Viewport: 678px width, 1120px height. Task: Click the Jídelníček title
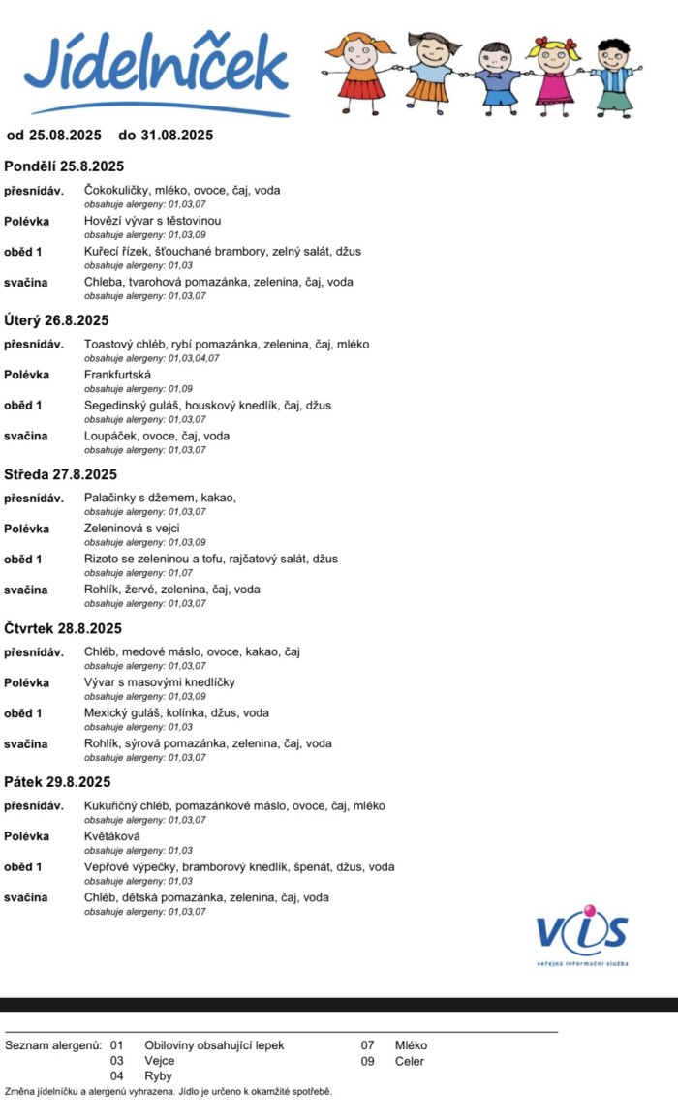(x=155, y=66)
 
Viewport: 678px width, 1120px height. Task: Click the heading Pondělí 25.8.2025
(x=65, y=166)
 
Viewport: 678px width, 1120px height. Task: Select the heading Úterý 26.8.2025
(x=56, y=320)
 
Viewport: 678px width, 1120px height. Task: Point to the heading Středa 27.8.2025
(x=60, y=474)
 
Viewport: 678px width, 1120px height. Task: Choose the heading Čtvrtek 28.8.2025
(x=63, y=628)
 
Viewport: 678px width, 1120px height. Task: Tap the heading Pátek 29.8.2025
(x=57, y=782)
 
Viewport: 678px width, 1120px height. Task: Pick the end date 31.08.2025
(x=177, y=136)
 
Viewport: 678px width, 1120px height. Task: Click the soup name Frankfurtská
(x=111, y=375)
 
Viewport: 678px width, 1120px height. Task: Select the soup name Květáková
(x=112, y=836)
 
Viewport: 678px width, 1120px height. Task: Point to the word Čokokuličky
(x=116, y=191)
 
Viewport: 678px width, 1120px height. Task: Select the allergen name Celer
(x=410, y=1061)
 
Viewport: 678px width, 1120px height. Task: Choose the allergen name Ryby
(x=158, y=1075)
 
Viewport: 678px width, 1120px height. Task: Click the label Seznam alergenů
(x=53, y=1045)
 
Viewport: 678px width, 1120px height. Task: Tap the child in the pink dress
(x=553, y=74)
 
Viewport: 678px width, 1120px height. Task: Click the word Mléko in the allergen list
(x=411, y=1045)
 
